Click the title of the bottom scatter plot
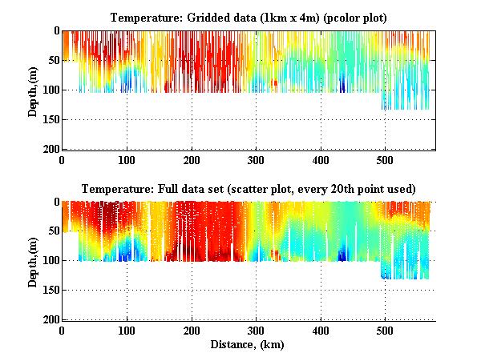pos(249,190)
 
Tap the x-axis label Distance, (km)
pos(249,345)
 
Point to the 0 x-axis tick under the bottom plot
pos(63,330)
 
